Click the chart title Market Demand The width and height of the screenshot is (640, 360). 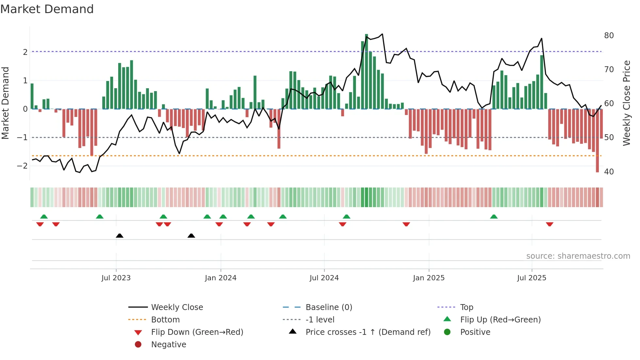pos(47,9)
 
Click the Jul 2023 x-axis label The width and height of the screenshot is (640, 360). pos(116,278)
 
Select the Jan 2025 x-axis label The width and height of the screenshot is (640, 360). pos(428,278)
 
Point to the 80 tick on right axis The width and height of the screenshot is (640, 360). pos(609,36)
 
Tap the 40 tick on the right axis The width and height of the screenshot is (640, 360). pos(609,172)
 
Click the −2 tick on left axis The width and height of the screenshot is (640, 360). pos(23,166)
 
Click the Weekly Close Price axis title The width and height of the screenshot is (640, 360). pos(626,103)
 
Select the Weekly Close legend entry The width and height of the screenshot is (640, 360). pos(177,307)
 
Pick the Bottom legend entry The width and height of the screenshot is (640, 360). pos(165,320)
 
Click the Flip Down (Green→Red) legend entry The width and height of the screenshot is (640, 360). pos(197,332)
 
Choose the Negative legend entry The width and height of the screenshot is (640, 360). pos(168,345)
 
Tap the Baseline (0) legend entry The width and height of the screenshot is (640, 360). pos(328,307)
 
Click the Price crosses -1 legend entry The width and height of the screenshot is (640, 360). pos(368,332)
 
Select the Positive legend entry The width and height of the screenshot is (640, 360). pos(475,332)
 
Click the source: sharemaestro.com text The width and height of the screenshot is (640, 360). pos(578,256)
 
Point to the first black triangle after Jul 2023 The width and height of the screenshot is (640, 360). pos(120,236)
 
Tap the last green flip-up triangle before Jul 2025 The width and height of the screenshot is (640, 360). pos(494,217)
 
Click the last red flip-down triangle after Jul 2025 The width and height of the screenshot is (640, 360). pos(550,224)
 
